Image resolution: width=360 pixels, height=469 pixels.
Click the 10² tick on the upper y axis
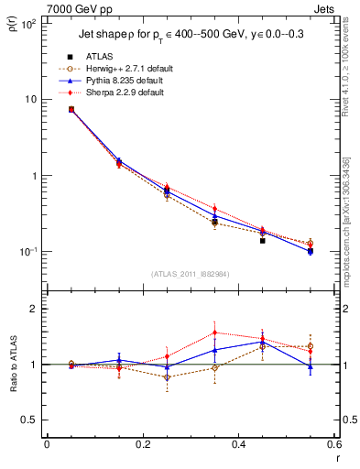click(x=27, y=24)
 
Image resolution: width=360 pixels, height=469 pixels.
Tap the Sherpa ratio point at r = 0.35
click(x=214, y=333)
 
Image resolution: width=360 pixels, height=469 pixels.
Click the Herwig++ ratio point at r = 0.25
click(x=167, y=377)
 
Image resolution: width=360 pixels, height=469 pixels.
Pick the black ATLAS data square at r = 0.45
click(x=262, y=241)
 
